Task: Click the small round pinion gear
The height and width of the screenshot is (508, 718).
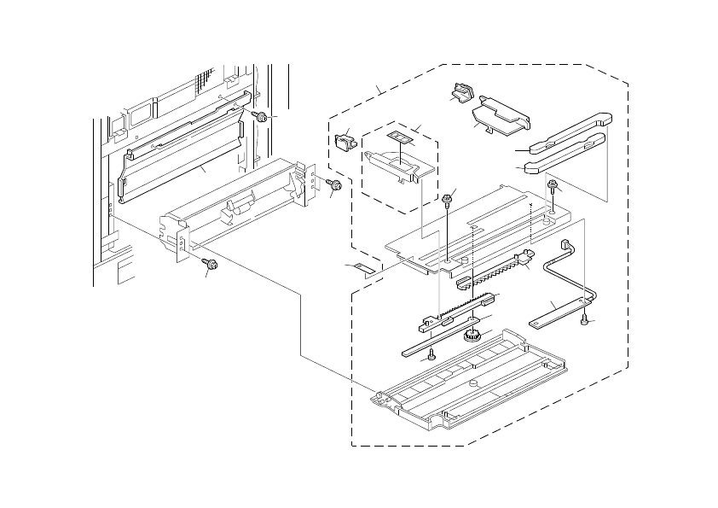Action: click(468, 335)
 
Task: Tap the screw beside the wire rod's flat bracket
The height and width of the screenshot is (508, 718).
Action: click(583, 321)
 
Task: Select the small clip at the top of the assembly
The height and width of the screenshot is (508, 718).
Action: click(464, 91)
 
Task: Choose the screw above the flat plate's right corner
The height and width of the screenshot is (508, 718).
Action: click(553, 185)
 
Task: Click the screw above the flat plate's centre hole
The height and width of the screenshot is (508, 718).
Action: click(448, 201)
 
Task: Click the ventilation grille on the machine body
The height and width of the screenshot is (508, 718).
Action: click(201, 83)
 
